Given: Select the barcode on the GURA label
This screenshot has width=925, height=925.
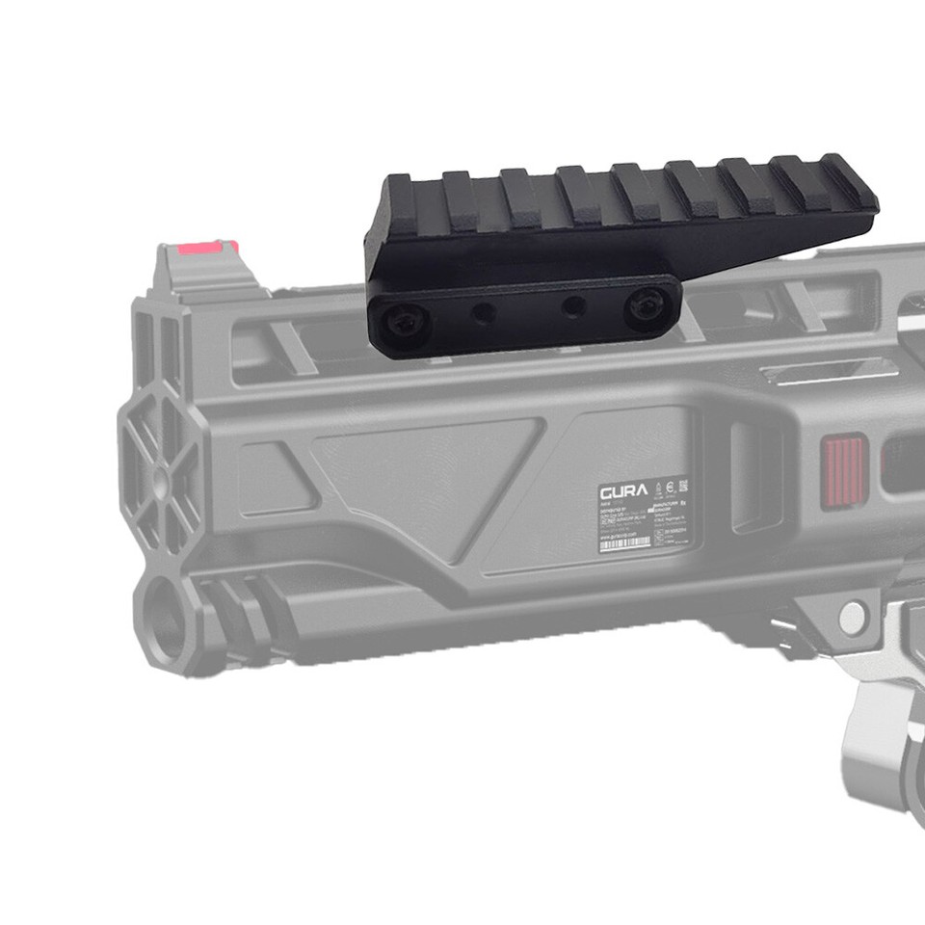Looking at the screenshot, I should pyautogui.click(x=623, y=543).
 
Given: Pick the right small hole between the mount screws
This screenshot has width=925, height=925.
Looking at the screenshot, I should pyautogui.click(x=574, y=305).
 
